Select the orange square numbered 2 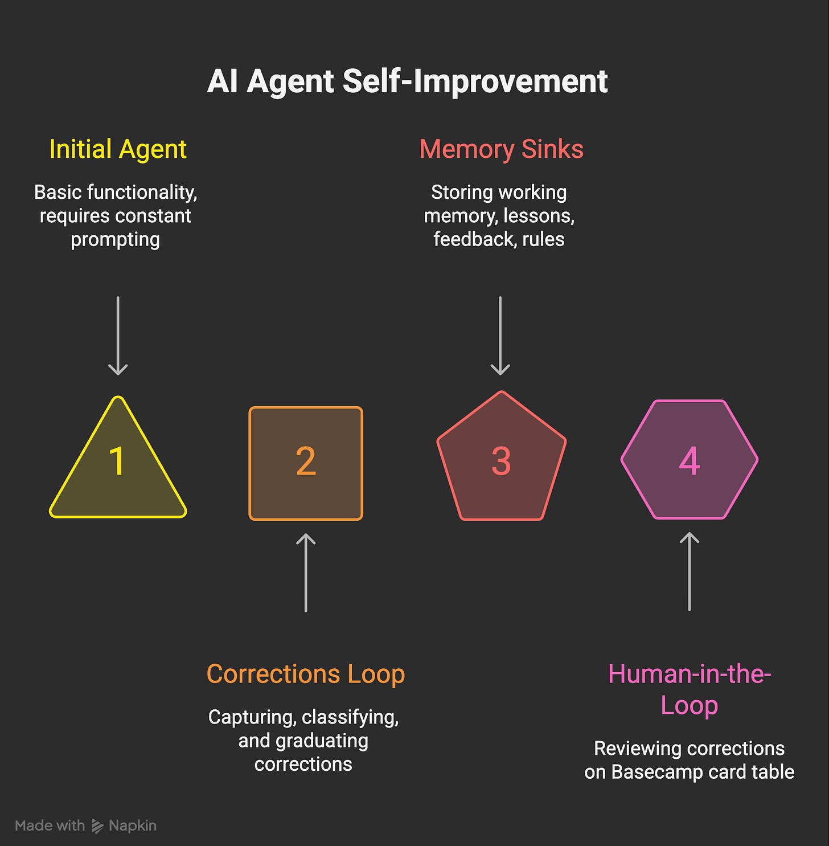click(306, 463)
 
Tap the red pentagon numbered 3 click(501, 459)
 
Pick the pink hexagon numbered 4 click(690, 460)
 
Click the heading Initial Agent click(118, 149)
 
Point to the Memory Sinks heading click(501, 149)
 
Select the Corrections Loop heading click(306, 674)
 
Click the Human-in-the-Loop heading click(690, 689)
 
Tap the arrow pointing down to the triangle click(118, 336)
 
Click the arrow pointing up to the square click(306, 573)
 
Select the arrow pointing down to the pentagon click(500, 336)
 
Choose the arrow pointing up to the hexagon click(690, 571)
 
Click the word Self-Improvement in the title click(475, 81)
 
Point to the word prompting click(116, 240)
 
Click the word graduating click(322, 741)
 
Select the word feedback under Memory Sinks click(475, 239)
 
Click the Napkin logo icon click(97, 826)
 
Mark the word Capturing click(252, 717)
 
